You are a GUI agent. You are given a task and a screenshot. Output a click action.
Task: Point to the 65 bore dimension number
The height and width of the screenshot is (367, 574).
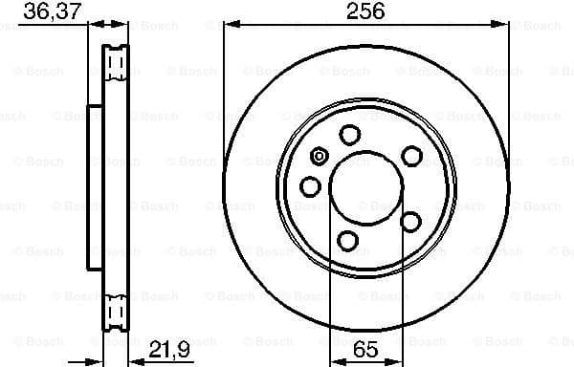pos(365,349)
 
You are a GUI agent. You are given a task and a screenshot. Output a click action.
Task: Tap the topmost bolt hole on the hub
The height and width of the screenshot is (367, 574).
pos(350,134)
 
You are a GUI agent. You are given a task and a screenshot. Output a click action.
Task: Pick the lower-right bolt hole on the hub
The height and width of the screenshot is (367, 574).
pos(411,221)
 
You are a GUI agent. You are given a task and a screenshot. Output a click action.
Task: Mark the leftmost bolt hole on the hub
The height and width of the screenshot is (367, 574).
pos(311,185)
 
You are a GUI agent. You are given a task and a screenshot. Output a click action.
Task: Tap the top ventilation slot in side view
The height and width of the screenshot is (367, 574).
pos(117,64)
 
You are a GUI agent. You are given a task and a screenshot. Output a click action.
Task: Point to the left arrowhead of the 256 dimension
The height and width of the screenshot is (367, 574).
pos(229,26)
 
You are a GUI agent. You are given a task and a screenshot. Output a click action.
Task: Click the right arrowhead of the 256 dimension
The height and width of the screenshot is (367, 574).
pos(504,26)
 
